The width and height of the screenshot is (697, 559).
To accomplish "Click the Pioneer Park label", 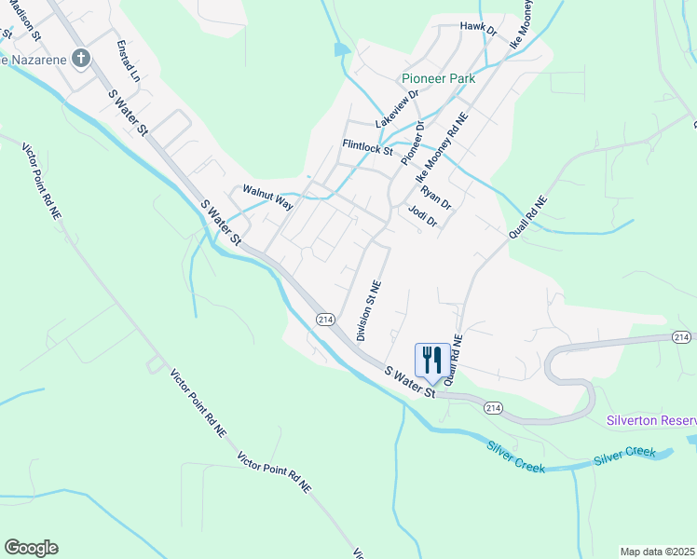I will click(438, 79).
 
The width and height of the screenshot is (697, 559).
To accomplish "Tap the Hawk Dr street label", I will click(479, 26).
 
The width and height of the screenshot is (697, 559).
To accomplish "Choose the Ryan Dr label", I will click(435, 197).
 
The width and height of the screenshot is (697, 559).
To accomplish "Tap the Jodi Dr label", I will click(422, 215).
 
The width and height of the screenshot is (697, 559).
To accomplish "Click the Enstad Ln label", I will click(127, 60).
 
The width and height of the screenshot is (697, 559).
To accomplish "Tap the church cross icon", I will click(81, 60).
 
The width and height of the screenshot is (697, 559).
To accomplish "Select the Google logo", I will click(31, 548).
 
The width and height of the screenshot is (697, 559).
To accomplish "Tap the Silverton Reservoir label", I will click(650, 420).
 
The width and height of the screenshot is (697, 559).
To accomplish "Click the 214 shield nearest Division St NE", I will click(325, 320).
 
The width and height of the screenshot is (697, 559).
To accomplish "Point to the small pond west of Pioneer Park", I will click(341, 48).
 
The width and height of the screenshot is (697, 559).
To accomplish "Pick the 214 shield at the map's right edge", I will click(682, 336).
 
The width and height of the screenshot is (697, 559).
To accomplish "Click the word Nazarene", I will click(37, 60).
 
